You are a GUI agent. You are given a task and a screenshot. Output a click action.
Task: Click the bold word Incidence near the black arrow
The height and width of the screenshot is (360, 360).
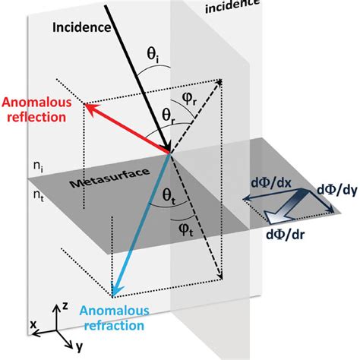(81, 27)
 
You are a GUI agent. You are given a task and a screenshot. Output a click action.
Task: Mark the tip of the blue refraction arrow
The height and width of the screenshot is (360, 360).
(112, 294)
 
